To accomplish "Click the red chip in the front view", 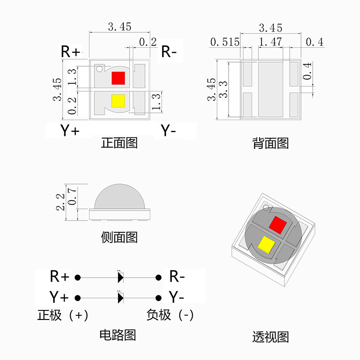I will [x=118, y=78].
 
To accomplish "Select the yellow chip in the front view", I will [x=118, y=101].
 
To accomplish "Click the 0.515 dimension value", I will [x=225, y=42].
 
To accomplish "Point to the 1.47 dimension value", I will [x=270, y=42].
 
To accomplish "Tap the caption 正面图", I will [x=119, y=143].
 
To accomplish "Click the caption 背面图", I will [x=270, y=144].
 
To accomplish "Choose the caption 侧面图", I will [x=119, y=237].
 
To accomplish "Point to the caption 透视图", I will [x=270, y=337].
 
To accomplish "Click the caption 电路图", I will [x=117, y=335].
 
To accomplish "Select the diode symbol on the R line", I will [x=120, y=277].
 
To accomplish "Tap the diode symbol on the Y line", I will [x=120, y=297].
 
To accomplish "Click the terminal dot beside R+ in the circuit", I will [x=77, y=277].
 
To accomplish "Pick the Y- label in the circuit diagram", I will [x=177, y=297].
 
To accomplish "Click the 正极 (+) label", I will [x=63, y=315].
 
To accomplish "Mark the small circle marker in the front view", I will [x=99, y=69].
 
